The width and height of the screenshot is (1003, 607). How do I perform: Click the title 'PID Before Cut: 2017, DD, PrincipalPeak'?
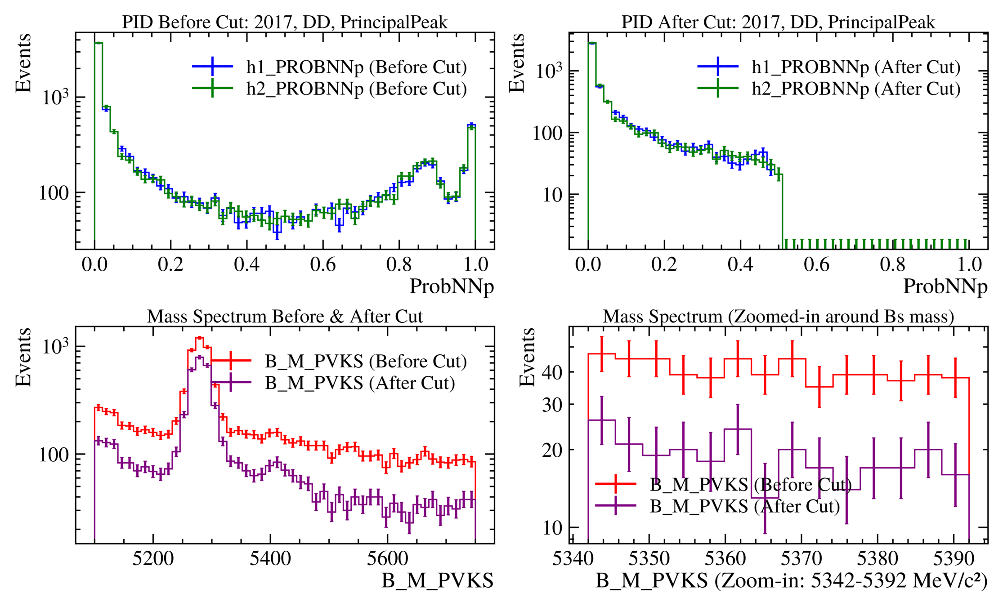pos(285,22)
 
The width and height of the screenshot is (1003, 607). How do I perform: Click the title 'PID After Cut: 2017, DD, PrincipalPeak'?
pos(778,22)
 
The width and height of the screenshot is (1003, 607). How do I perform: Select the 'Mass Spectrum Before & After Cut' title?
pos(285,317)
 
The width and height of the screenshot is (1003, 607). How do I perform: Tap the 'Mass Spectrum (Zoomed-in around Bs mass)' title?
pos(778,317)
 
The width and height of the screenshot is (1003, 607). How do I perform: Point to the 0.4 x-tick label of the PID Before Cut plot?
pos(246,264)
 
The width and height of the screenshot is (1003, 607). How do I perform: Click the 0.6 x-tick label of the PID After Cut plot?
pos(816,264)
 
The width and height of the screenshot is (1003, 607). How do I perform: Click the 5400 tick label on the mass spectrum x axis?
pos(270,558)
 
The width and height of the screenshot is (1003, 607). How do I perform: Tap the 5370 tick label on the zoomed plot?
pos(801,558)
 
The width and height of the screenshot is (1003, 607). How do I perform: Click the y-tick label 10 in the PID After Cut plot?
pos(553,195)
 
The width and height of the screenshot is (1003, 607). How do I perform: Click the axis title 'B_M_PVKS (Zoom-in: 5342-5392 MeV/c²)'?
pos(791,581)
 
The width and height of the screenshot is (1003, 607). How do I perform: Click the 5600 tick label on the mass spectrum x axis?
pos(387,558)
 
